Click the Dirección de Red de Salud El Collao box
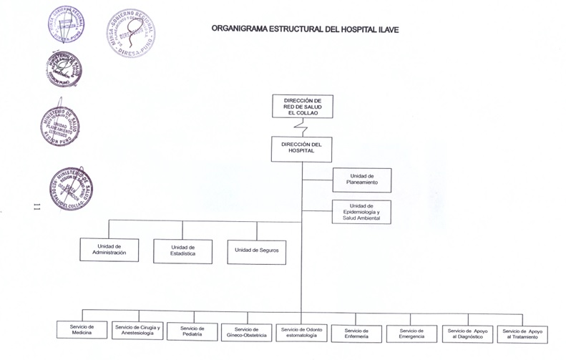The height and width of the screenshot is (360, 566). click(302, 106)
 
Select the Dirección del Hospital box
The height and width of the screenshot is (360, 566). click(302, 149)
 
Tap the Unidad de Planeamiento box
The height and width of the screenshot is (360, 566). click(361, 180)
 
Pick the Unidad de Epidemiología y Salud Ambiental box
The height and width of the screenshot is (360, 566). click(361, 212)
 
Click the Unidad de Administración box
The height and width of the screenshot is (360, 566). click(109, 250)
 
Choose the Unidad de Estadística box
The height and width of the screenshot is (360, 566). click(182, 250)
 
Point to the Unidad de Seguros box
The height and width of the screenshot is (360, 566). click(256, 250)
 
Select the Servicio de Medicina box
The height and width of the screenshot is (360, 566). click(82, 330)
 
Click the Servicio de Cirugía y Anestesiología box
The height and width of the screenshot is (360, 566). click(138, 330)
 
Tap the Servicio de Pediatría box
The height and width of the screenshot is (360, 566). click(192, 331)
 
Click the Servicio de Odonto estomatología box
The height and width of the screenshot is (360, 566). click(301, 332)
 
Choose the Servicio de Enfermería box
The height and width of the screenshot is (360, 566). click(356, 334)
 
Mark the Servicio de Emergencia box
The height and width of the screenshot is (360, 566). click(411, 334)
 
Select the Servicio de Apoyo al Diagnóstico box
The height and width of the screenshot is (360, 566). click(467, 334)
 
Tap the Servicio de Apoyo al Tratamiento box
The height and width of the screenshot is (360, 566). click(522, 334)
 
